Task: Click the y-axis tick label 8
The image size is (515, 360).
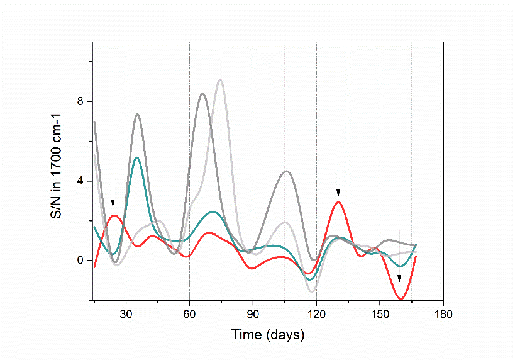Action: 80,101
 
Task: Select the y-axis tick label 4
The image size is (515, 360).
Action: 80,181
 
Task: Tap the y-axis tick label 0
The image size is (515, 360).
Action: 80,261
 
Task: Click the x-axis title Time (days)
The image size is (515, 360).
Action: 267,334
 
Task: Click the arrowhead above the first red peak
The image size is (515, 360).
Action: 113,203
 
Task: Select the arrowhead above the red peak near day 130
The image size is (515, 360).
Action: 338,193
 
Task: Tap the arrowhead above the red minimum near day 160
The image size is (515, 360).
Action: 399,279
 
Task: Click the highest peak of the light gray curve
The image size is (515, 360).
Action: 220,80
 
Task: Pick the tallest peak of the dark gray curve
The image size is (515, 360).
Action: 202,94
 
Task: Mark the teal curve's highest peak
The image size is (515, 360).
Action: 137,157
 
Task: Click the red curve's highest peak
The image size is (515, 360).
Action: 338,202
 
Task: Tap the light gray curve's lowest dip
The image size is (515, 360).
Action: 312,291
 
